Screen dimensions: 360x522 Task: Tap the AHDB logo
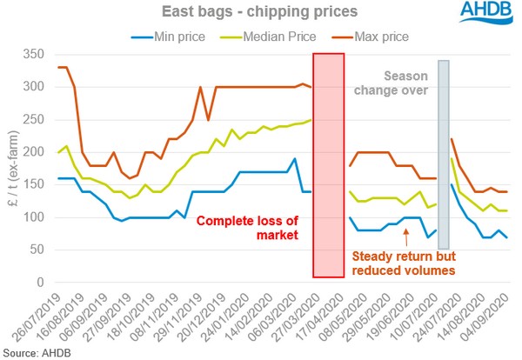[x=474, y=18]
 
